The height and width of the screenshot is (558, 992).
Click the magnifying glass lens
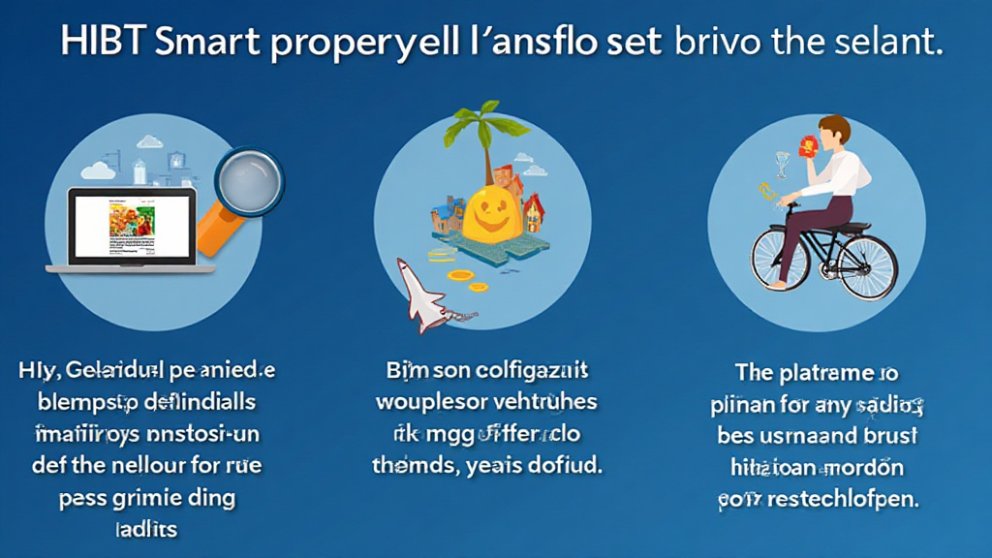click(248, 182)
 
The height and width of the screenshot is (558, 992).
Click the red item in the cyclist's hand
click(805, 145)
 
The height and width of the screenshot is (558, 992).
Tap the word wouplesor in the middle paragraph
click(431, 401)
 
